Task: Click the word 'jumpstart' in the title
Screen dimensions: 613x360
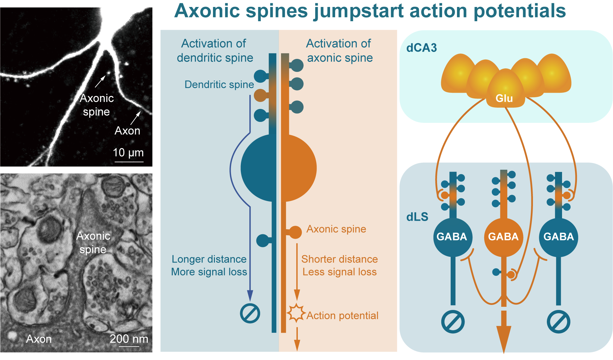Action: point(359,11)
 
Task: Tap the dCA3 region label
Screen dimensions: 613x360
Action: point(422,48)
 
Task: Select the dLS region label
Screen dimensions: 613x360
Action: point(417,217)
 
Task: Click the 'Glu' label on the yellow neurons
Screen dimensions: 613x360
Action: point(504,98)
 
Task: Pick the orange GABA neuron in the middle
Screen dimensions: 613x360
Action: point(504,237)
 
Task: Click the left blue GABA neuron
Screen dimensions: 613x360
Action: point(453,237)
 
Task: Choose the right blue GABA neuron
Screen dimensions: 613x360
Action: point(559,237)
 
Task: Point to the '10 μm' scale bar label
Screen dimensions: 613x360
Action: point(128,153)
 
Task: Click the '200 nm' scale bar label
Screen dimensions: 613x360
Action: point(129,339)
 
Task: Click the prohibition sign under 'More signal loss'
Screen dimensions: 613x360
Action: point(250,313)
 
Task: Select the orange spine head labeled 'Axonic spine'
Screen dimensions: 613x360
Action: point(295,232)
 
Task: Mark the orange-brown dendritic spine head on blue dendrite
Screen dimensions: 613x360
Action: point(260,95)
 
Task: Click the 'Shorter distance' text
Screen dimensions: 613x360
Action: point(340,259)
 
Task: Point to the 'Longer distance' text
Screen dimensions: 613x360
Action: point(209,259)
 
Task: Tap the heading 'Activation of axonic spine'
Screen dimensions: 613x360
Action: point(339,51)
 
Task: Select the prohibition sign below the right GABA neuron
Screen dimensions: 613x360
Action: point(559,322)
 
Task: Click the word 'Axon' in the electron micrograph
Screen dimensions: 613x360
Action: point(39,339)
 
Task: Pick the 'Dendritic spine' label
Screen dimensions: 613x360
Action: point(219,85)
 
